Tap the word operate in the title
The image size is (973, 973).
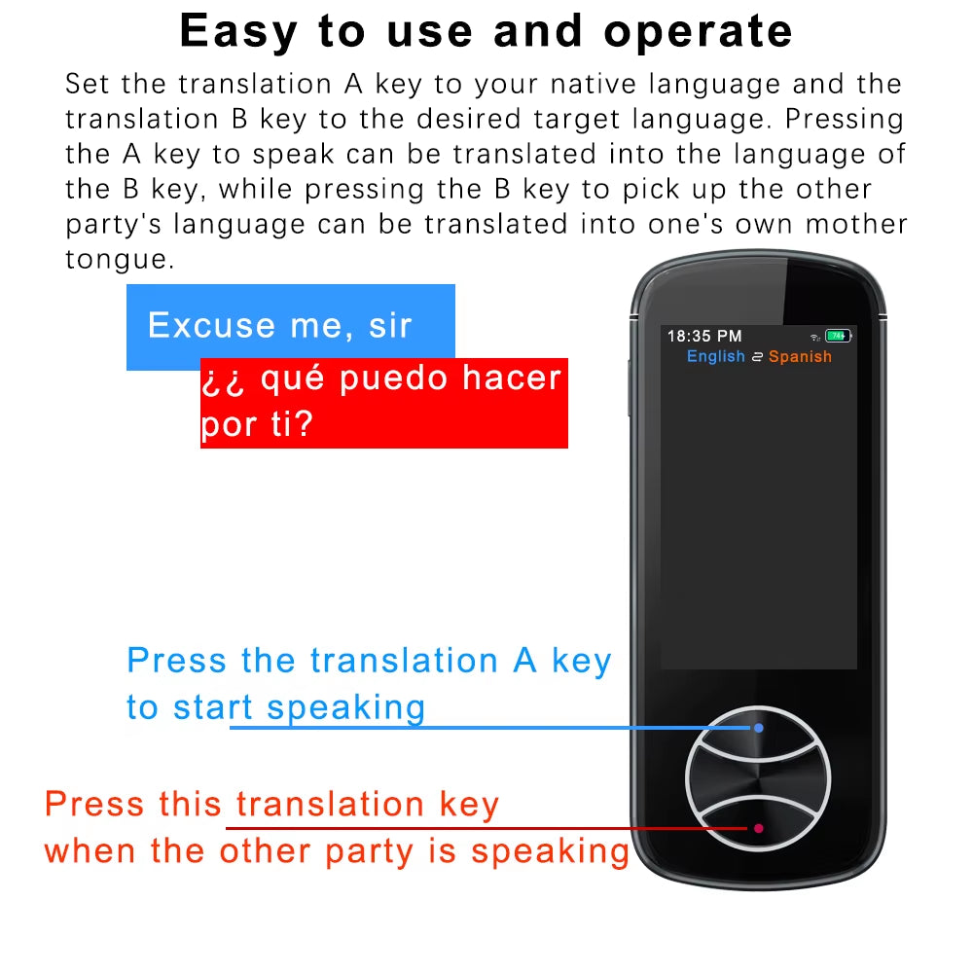click(698, 31)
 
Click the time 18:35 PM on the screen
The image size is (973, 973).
click(703, 336)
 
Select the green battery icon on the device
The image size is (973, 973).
click(838, 336)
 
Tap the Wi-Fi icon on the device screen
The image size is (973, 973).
click(814, 337)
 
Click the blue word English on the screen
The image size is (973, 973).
click(715, 356)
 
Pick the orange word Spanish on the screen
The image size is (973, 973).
click(800, 356)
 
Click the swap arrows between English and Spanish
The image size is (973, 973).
click(756, 357)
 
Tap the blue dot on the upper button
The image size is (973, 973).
click(758, 727)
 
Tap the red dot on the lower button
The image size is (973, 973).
click(758, 828)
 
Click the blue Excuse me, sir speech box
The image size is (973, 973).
click(290, 326)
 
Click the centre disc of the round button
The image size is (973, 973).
click(758, 777)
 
